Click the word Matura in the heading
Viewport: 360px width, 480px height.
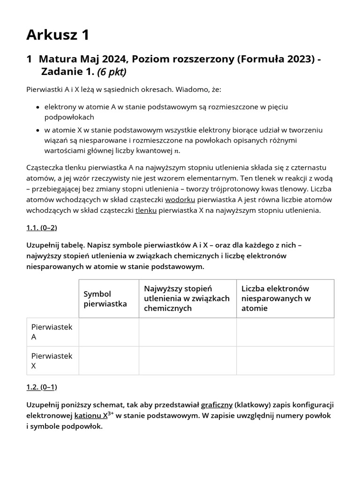pos(57,59)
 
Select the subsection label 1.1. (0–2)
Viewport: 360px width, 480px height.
pos(41,228)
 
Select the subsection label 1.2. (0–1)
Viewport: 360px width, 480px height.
pos(41,387)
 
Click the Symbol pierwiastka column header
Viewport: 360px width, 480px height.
pos(105,299)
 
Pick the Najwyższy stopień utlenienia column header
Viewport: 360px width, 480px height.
pos(187,298)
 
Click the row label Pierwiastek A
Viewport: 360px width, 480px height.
pos(52,332)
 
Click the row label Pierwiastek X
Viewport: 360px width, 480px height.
pos(52,360)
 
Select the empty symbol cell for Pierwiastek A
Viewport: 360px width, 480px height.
pos(109,332)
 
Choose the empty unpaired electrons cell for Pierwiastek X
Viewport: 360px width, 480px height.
pos(285,360)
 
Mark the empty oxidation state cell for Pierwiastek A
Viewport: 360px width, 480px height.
pos(187,332)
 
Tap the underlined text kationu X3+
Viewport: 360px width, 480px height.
pos(94,416)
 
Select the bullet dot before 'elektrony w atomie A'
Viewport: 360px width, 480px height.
pos(37,107)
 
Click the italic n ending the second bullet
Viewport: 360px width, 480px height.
pos(177,151)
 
